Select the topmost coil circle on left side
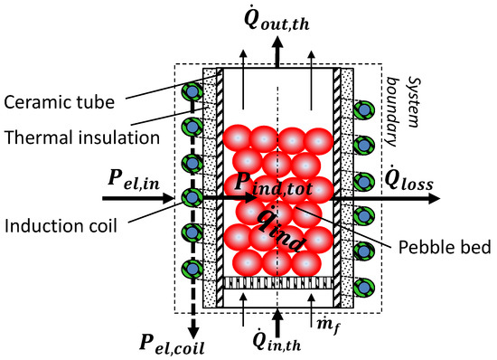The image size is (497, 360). (x=191, y=92)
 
